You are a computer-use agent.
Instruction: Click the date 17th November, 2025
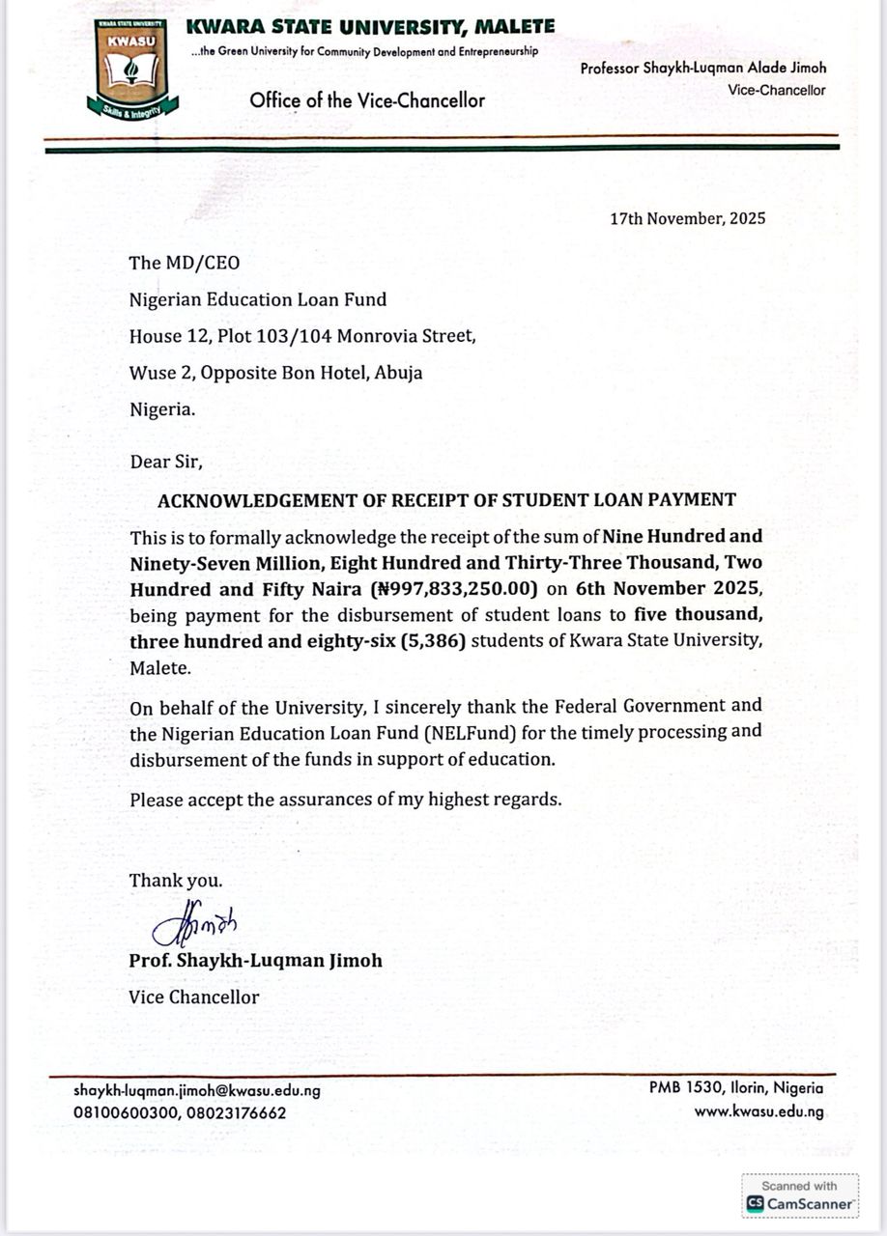(687, 218)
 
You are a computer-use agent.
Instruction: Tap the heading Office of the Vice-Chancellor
(367, 99)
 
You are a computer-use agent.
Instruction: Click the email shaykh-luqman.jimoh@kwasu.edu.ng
(197, 1090)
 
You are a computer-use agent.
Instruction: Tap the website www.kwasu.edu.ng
(758, 1111)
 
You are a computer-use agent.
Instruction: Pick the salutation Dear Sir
(166, 462)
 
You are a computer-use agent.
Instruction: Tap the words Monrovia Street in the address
(414, 336)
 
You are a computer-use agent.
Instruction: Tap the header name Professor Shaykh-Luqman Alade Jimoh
(703, 69)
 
